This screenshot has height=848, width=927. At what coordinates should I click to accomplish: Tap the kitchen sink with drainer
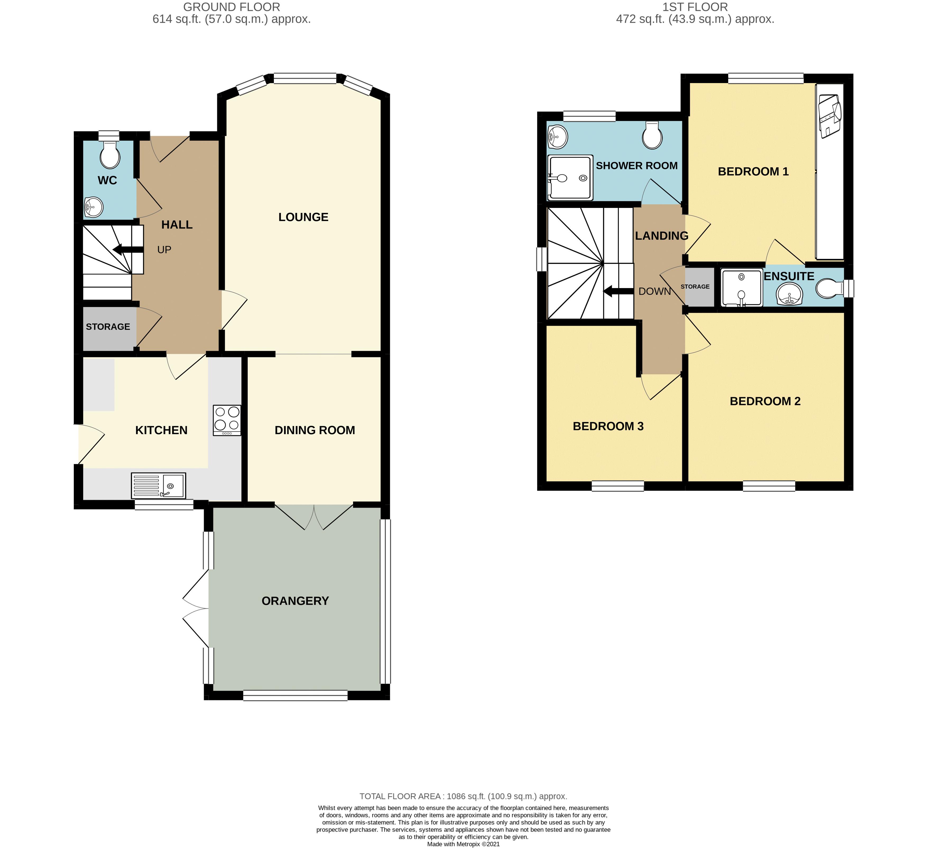pos(159,485)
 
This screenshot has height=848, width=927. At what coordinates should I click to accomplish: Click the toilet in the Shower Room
pos(652,135)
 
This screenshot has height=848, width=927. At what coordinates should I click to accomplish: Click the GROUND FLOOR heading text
pos(231,7)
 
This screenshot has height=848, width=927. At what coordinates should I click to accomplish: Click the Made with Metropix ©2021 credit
pos(463,844)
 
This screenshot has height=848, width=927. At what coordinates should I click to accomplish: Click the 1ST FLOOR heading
pos(695,7)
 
